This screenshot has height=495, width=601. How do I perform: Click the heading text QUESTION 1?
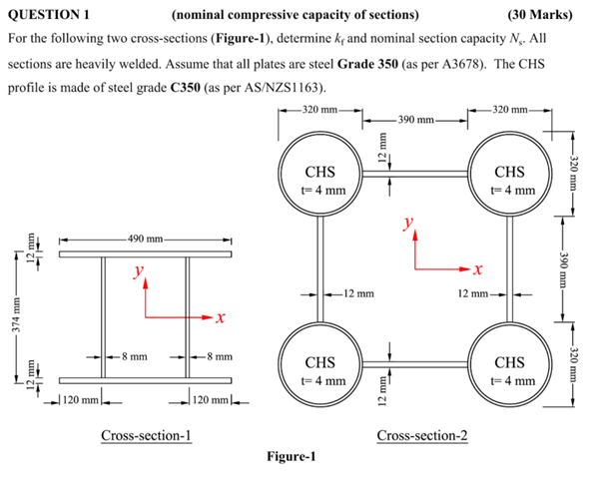pos(49,14)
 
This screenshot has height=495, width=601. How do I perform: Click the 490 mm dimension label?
pos(146,240)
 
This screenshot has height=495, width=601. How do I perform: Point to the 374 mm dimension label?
pos(12,317)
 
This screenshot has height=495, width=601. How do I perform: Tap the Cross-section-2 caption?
pos(420,435)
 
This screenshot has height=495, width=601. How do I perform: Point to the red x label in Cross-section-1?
pos(219,318)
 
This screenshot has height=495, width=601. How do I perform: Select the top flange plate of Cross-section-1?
pos(146,254)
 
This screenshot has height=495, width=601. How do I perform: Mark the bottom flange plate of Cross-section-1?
pos(146,380)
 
